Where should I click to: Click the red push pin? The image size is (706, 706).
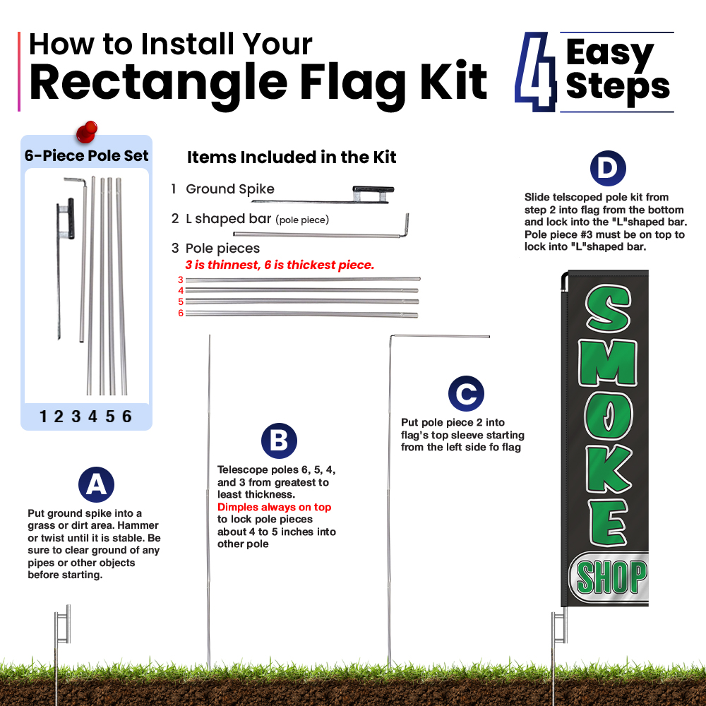[86, 131]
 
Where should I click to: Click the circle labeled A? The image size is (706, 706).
[96, 484]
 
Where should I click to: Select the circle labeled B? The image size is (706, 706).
[279, 441]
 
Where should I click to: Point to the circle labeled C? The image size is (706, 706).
[466, 393]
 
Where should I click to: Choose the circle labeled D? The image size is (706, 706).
[608, 169]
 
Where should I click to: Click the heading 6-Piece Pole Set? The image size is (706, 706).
[86, 155]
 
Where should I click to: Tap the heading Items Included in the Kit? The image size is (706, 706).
[292, 157]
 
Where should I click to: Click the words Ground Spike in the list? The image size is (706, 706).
[230, 189]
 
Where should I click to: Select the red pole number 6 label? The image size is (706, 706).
[181, 313]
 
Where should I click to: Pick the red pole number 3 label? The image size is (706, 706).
[181, 280]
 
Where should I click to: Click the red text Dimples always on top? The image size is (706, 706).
[274, 507]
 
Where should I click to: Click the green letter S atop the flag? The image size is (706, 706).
[608, 309]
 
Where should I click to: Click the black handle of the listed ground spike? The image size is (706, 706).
[373, 189]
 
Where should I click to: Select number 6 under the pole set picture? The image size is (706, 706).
[127, 417]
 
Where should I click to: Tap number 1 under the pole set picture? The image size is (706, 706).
[43, 417]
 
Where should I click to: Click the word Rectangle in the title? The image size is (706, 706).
[158, 83]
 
